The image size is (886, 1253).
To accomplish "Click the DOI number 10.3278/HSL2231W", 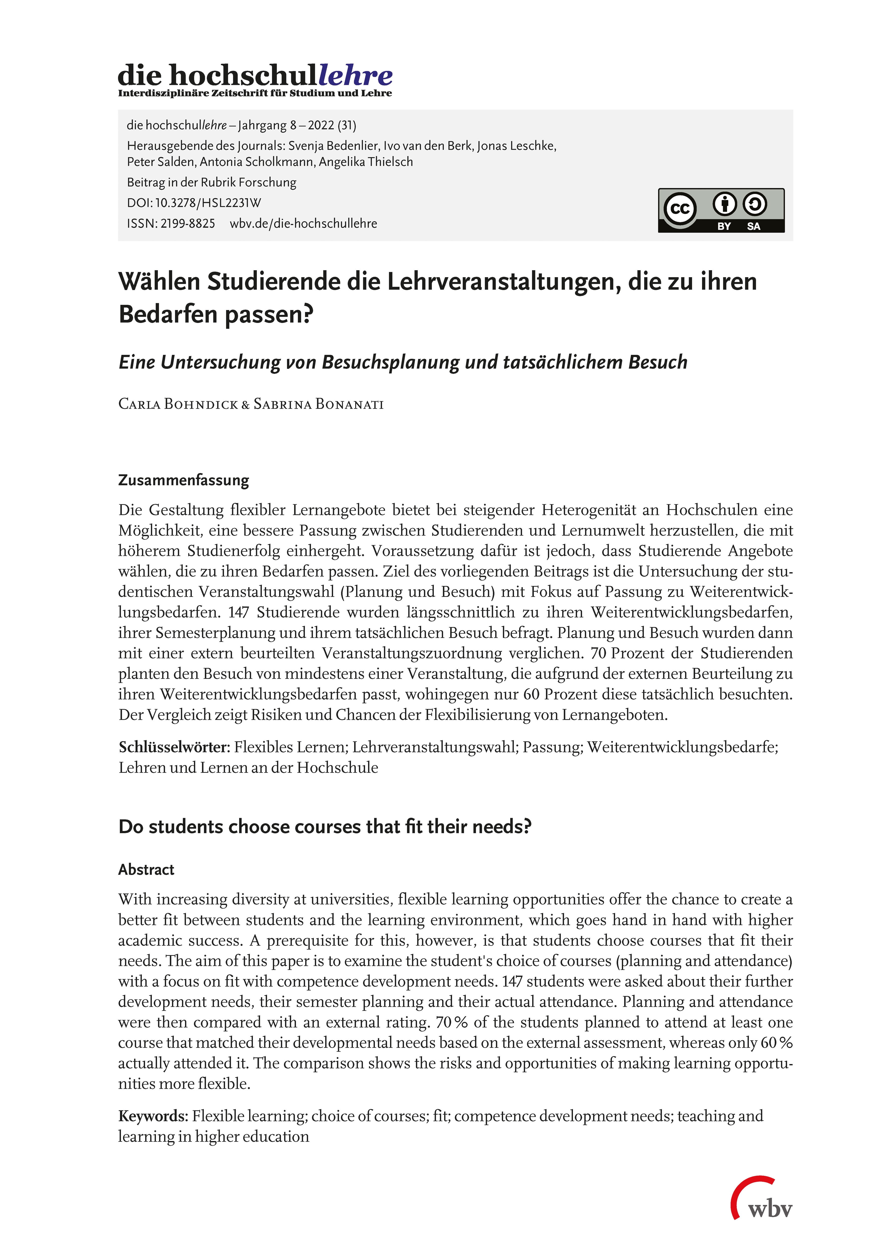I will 208,203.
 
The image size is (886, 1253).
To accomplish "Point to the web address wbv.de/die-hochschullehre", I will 304,224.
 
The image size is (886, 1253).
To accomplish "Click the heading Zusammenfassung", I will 183,480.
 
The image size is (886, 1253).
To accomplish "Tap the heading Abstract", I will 146,869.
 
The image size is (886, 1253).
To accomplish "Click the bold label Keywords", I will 153,1116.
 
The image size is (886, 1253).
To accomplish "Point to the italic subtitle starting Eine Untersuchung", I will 403,362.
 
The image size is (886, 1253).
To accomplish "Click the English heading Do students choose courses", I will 325,827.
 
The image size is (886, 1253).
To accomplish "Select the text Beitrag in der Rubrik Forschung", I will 212,182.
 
